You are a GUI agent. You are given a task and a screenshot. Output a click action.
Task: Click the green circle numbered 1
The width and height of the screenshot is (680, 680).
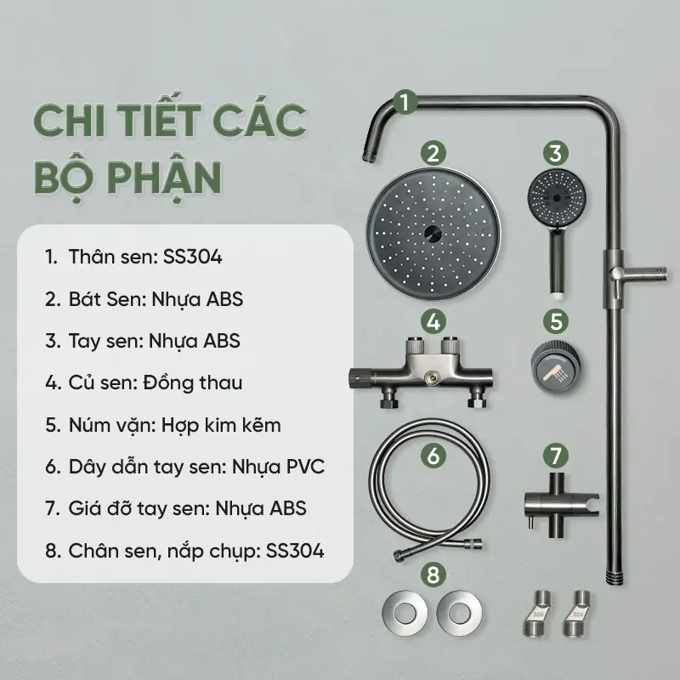(x=405, y=103)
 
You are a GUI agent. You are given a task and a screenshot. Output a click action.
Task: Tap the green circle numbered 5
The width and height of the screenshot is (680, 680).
(x=556, y=321)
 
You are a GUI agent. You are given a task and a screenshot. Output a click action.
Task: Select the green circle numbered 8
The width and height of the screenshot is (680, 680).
(x=433, y=575)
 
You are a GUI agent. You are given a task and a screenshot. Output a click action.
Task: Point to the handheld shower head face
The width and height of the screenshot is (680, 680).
(x=557, y=198)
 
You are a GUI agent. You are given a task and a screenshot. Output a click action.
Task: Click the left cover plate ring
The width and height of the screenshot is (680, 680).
(x=405, y=613)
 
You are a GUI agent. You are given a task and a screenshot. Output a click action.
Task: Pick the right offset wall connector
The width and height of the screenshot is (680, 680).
(x=577, y=613)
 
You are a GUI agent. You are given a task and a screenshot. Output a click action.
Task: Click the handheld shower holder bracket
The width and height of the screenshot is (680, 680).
(x=561, y=505)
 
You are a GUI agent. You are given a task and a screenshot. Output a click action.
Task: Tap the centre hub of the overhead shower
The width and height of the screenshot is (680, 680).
(x=433, y=235)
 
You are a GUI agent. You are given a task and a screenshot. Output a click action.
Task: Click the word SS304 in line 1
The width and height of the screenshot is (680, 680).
(x=193, y=257)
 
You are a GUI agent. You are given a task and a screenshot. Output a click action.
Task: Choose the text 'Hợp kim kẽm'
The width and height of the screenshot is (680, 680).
(x=221, y=426)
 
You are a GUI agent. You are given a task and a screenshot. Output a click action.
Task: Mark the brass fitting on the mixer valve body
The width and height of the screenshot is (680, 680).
(x=430, y=377)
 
